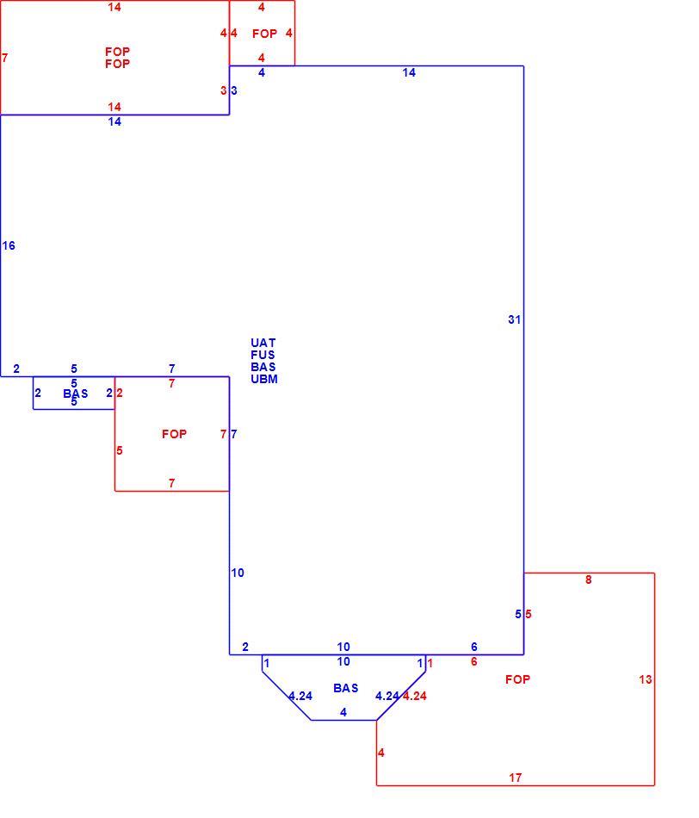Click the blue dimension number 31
(x=514, y=319)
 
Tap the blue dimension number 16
(x=9, y=245)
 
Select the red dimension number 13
(x=646, y=679)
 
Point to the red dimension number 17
(x=516, y=778)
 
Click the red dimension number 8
(x=589, y=579)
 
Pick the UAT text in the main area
(x=263, y=343)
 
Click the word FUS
(x=263, y=355)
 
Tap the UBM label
(x=264, y=379)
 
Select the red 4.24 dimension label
(x=415, y=696)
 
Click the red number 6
(x=473, y=661)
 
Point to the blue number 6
(x=473, y=647)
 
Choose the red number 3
(x=223, y=90)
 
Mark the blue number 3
(x=233, y=90)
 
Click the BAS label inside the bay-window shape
(x=346, y=688)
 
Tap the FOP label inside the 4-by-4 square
(x=264, y=34)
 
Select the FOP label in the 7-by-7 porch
(x=174, y=434)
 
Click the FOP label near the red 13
(x=517, y=679)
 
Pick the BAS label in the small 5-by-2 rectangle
(x=76, y=394)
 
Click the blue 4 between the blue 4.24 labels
(x=343, y=712)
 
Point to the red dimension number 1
(x=430, y=664)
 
